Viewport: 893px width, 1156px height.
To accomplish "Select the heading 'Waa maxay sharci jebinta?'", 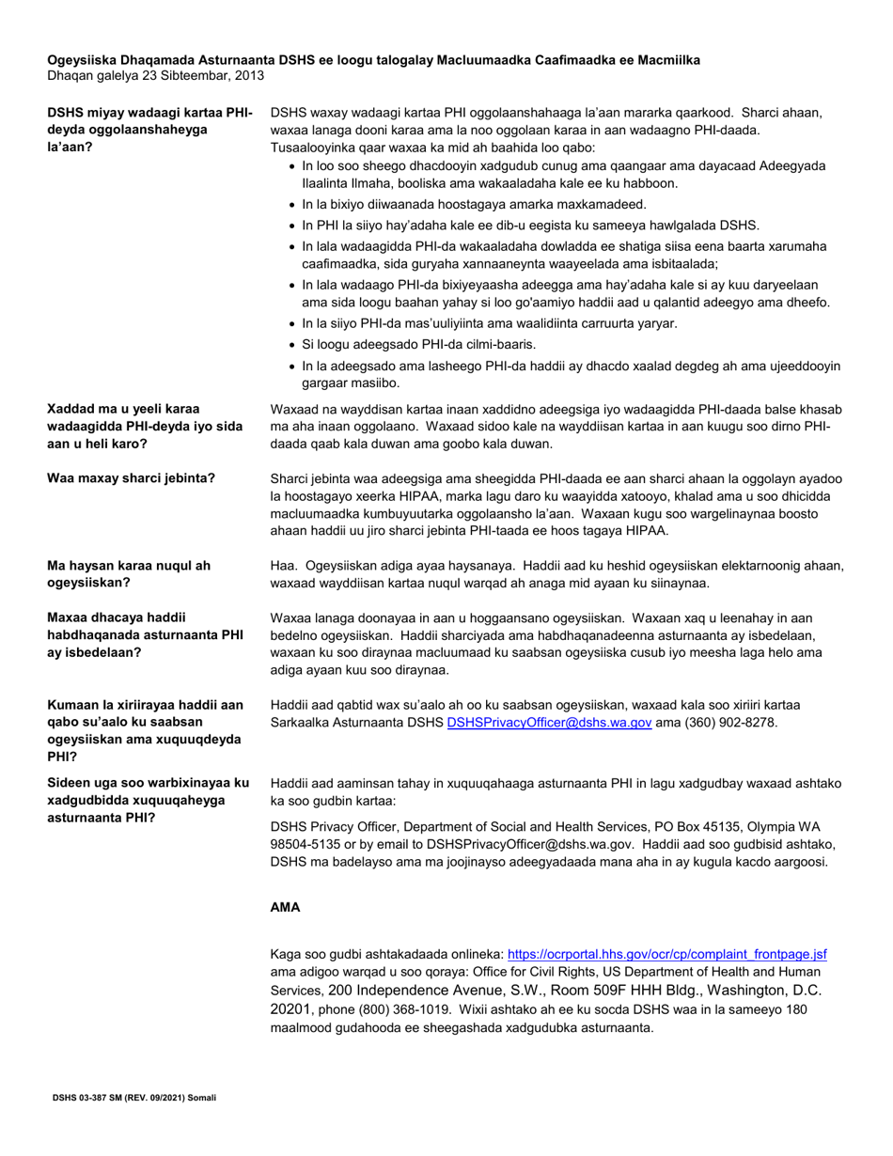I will point(131,478).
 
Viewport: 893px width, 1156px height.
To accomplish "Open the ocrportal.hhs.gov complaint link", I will point(666,953).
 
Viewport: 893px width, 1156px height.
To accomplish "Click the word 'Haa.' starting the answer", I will point(284,566).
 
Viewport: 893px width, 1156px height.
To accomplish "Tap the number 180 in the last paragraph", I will point(795,1009).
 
